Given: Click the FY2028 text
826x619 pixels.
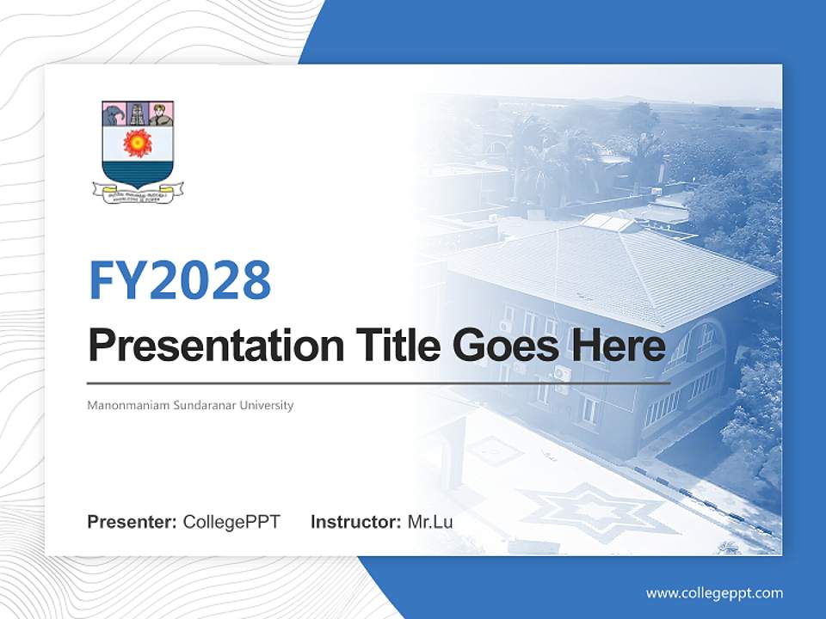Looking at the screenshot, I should pyautogui.click(x=180, y=280).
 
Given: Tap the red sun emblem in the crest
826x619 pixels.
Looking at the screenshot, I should pyautogui.click(x=138, y=143).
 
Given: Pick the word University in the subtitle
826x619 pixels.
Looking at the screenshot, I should pyautogui.click(x=267, y=405).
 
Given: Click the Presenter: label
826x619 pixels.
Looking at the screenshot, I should pyautogui.click(x=133, y=522).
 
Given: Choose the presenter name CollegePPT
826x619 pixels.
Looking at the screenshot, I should pyautogui.click(x=231, y=522).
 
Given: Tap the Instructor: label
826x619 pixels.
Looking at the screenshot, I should pyautogui.click(x=355, y=522).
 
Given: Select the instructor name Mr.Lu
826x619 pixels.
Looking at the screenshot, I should pyautogui.click(x=430, y=522).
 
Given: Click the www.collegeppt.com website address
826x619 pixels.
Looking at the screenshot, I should pyautogui.click(x=714, y=592).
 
